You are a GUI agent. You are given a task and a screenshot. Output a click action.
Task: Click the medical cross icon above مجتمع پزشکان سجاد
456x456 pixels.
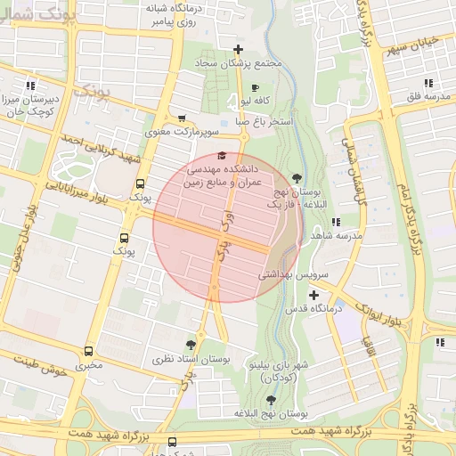[237, 50]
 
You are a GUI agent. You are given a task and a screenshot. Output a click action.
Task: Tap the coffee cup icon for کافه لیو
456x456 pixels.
[255, 87]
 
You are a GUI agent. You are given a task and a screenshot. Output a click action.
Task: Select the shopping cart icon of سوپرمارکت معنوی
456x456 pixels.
[182, 118]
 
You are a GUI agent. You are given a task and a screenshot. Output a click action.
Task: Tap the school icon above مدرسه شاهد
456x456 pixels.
[335, 222]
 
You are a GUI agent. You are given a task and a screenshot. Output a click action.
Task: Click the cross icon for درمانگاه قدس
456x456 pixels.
[313, 294]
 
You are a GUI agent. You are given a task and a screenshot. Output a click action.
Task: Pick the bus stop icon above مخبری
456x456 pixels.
[88, 351]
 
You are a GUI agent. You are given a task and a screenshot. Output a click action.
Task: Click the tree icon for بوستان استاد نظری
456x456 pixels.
[190, 344]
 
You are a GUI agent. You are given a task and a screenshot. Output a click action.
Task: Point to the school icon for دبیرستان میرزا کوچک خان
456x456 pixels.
[32, 85]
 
